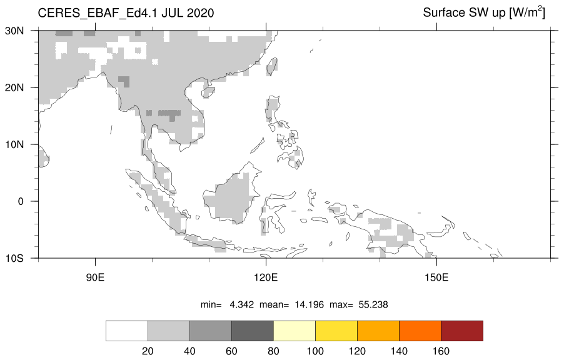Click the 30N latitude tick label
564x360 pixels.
point(14,31)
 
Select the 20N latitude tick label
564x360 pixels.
point(14,87)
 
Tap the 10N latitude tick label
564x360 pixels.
point(14,144)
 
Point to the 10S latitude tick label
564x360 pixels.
point(14,259)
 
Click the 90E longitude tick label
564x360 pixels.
point(95,277)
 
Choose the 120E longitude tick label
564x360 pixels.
point(266,277)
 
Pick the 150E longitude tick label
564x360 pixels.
point(436,277)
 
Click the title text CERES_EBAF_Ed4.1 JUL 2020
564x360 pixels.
point(126,13)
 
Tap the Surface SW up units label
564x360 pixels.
point(484,12)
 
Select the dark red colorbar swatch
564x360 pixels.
point(462,331)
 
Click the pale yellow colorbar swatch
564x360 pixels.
point(295,331)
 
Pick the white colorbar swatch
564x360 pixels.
point(126,331)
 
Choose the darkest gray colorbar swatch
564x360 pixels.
point(253,331)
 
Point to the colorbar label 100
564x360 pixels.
point(315,351)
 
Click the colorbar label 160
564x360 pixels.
point(441,351)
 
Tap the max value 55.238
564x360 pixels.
point(373,305)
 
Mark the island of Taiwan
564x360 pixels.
point(271,67)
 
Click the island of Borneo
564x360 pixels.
point(230,196)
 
